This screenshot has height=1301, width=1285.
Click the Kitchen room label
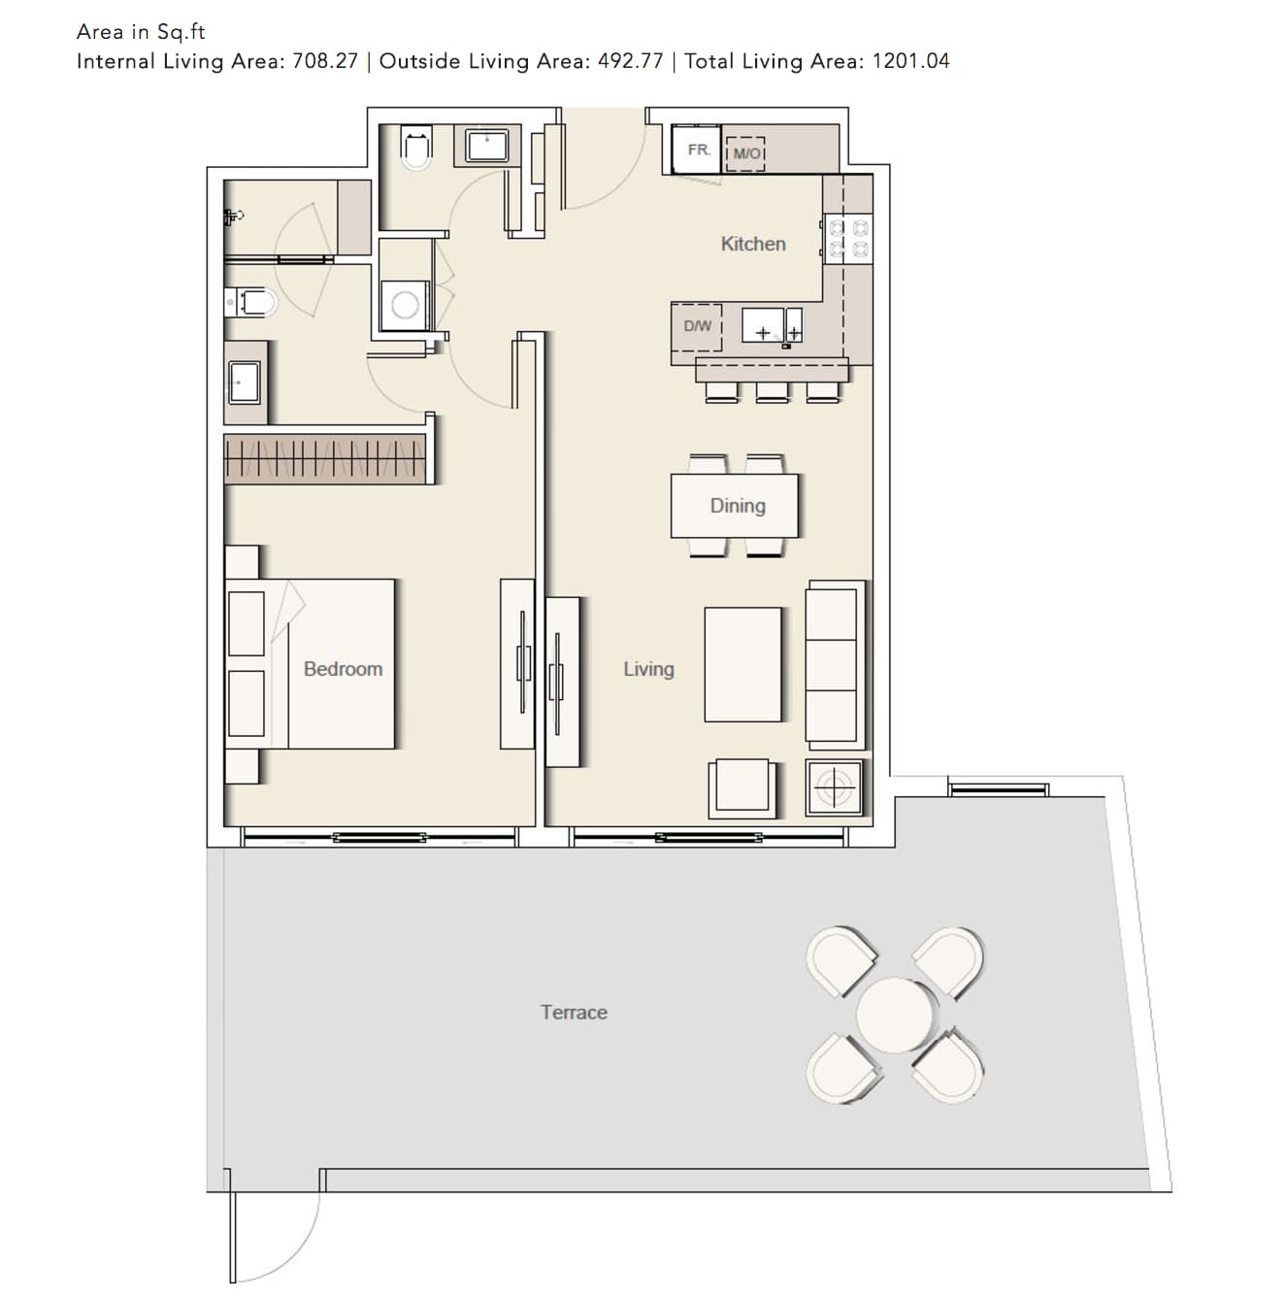(753, 244)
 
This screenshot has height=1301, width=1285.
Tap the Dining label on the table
(738, 507)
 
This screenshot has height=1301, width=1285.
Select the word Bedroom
(343, 669)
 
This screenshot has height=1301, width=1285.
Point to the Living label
(648, 670)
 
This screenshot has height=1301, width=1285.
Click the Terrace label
(574, 1012)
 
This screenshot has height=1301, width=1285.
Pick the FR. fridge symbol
(697, 150)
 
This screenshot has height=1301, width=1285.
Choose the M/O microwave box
(745, 153)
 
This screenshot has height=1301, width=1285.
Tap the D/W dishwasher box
(697, 327)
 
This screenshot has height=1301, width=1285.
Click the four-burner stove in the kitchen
(847, 238)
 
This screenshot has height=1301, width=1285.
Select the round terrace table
(895, 1015)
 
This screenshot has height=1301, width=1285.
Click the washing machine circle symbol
(405, 305)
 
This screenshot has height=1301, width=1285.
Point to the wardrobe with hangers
(325, 458)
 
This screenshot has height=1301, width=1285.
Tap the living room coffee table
(743, 664)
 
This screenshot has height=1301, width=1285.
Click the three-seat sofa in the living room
(835, 665)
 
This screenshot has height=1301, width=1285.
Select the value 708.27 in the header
(324, 61)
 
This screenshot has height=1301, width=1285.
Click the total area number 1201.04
(910, 61)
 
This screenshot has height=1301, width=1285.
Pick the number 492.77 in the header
(630, 61)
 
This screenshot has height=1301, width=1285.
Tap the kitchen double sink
(773, 325)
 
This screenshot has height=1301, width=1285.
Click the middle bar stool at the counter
(773, 391)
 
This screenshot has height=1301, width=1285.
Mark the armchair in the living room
(741, 788)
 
